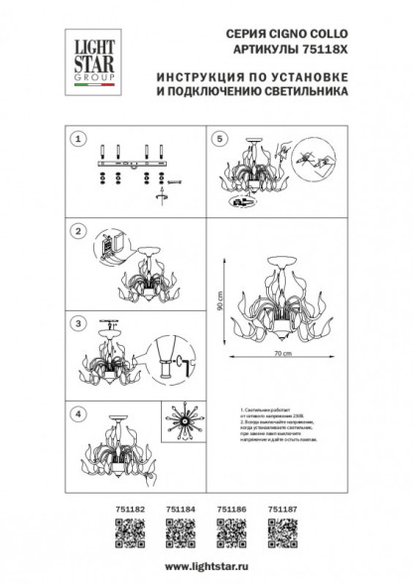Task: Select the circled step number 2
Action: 75,231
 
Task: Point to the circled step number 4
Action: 75,411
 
